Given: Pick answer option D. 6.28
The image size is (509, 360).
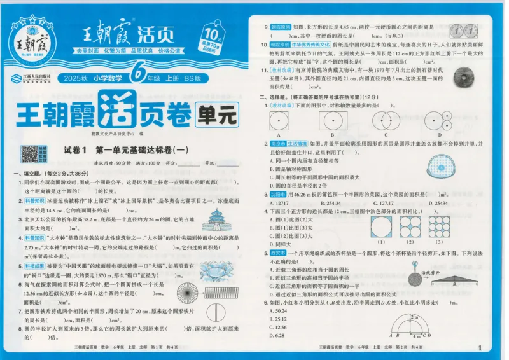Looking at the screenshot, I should point(279,335).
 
